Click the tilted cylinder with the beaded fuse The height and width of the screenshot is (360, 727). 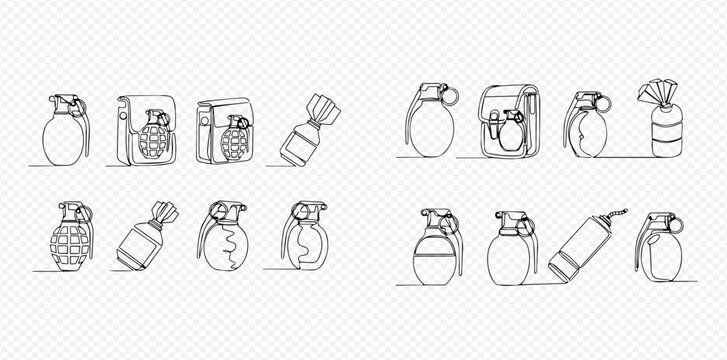pos(574,249)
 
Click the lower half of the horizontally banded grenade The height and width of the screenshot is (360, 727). pos(434,268)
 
